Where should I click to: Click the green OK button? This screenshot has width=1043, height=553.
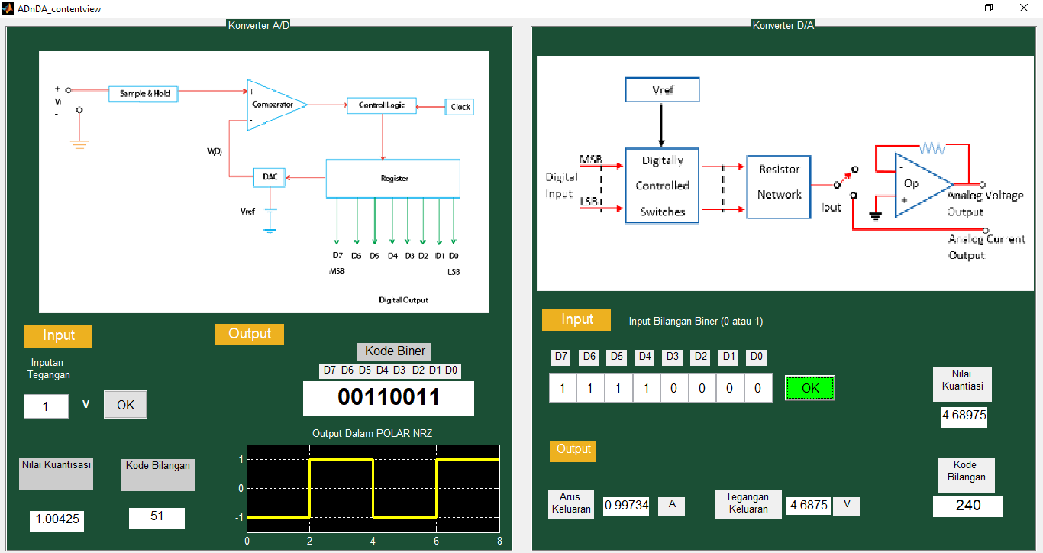point(809,388)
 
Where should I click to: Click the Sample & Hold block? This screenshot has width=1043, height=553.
point(144,94)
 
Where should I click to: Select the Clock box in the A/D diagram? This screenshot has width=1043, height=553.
point(460,107)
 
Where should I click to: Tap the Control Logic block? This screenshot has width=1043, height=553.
point(382,105)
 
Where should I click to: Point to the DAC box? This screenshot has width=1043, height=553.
point(269,177)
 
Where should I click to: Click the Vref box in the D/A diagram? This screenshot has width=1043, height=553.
point(662,89)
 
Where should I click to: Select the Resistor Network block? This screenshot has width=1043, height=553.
point(779,187)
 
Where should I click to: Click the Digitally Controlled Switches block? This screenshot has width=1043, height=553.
point(662,186)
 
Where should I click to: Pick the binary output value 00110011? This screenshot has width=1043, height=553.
point(389,398)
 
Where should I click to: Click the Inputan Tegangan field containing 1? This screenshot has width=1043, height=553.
point(46,406)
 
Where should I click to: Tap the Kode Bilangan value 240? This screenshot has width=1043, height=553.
point(967,506)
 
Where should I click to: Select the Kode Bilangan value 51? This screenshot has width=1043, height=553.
point(157,517)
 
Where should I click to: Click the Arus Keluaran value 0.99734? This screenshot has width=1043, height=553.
point(626,506)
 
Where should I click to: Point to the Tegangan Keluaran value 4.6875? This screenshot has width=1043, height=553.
point(809,506)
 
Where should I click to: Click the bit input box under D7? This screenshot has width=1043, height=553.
point(563,387)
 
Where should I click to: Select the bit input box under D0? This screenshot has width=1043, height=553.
point(758,387)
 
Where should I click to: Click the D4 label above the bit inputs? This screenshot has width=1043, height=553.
point(645,357)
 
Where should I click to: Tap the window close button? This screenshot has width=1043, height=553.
point(1024,8)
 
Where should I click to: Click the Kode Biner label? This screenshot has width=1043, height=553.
point(395,351)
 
